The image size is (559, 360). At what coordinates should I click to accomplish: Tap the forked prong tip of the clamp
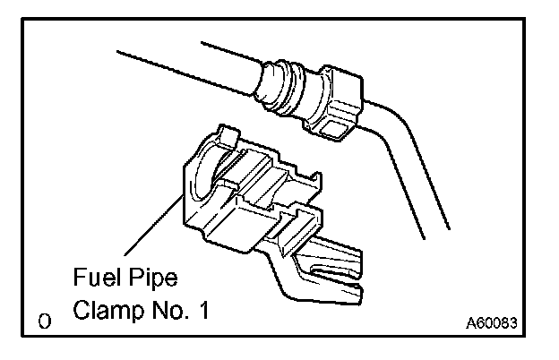(x=357, y=288)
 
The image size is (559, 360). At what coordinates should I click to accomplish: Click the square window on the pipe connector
(x=332, y=132)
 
